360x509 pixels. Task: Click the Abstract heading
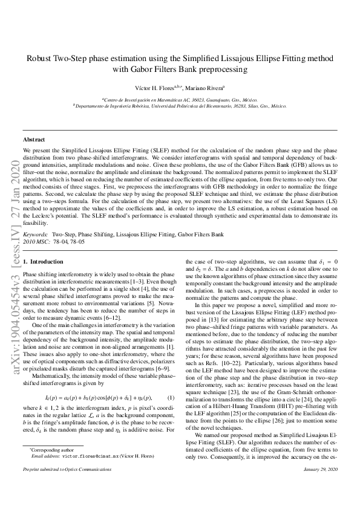(x=34, y=140)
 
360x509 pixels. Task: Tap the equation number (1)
(x=171, y=397)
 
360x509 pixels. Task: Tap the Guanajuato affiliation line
(x=180, y=99)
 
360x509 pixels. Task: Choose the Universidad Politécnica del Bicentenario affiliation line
(x=180, y=105)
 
